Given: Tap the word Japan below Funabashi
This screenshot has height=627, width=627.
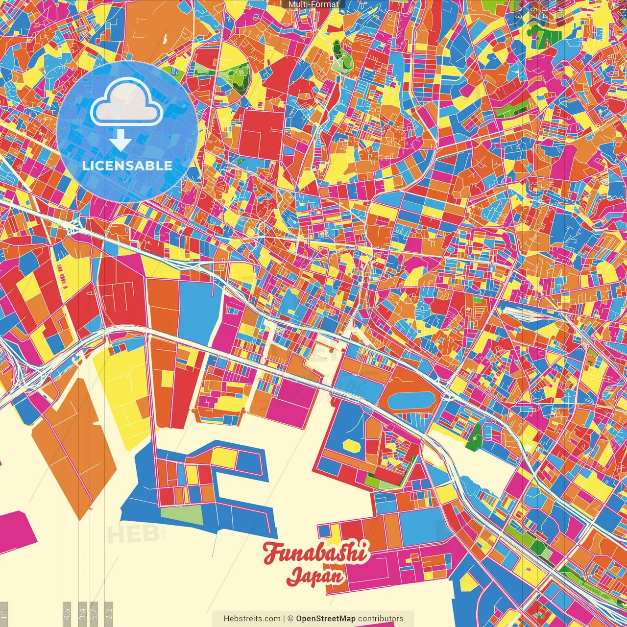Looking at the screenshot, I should [x=315, y=576].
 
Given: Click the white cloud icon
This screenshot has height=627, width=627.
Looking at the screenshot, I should [x=127, y=102].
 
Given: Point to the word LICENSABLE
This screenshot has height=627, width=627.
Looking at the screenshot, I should [x=127, y=166].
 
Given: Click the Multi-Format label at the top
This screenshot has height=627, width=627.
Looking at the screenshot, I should [x=313, y=4].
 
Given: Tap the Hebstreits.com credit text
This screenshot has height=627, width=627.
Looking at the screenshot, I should [x=252, y=619].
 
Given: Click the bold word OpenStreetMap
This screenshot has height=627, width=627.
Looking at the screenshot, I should [x=326, y=619].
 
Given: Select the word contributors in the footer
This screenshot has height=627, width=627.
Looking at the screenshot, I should [x=381, y=619].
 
